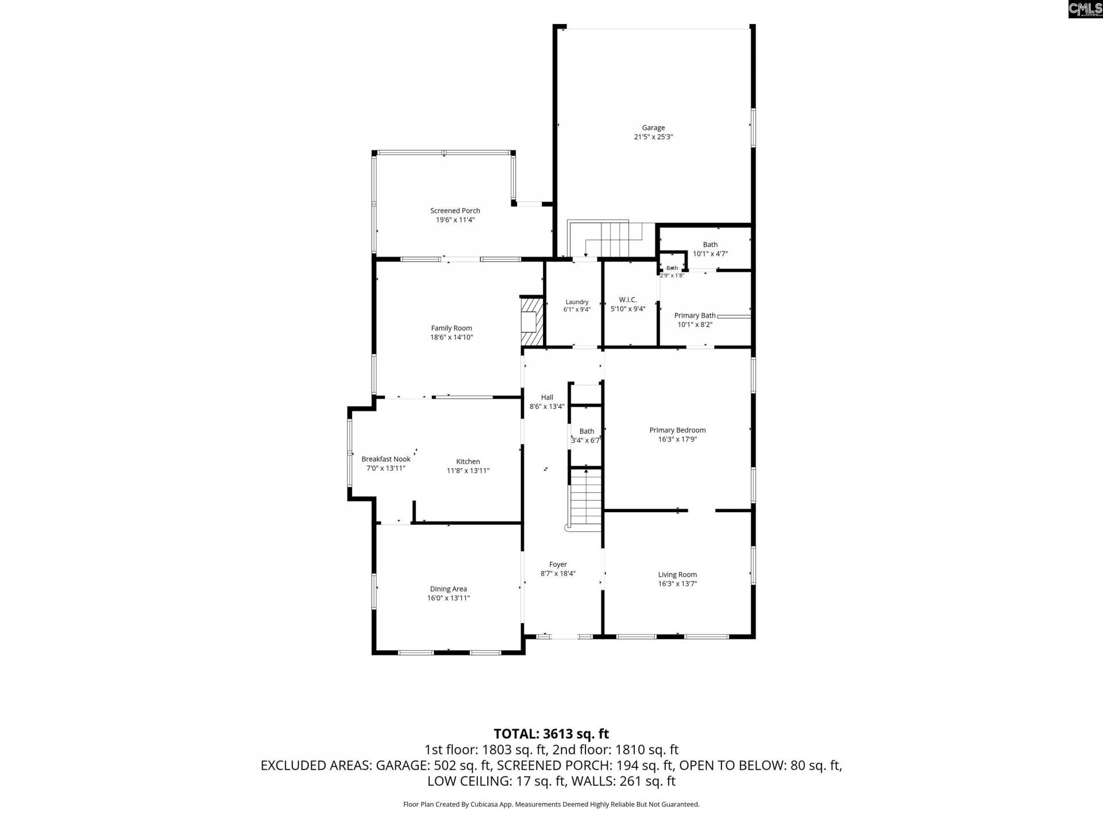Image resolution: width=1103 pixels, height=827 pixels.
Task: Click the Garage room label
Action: point(653,128)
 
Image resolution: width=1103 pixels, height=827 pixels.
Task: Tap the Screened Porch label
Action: point(455,211)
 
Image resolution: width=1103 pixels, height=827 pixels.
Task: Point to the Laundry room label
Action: point(577,302)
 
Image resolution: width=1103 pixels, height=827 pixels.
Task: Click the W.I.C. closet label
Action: point(628,300)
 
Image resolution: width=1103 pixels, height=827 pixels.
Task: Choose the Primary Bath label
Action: point(695,315)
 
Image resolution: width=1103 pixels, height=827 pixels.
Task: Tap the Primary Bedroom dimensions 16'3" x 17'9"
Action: point(678,439)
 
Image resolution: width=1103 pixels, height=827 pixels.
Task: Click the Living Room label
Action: point(678,575)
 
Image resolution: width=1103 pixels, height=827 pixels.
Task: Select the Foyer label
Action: point(558,565)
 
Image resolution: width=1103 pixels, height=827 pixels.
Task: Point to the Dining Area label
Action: point(449,589)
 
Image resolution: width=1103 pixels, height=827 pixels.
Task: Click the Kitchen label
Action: point(468,462)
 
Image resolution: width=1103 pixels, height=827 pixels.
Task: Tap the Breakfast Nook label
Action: point(386,459)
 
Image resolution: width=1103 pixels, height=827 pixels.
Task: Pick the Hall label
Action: point(547,397)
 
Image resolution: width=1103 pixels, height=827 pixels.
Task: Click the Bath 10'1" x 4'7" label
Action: point(711,245)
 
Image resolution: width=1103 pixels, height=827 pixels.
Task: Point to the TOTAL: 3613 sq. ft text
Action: point(551,734)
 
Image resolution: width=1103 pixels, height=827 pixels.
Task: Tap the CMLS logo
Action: point(1085,9)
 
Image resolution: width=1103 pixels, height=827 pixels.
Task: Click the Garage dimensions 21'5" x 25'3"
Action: point(653,137)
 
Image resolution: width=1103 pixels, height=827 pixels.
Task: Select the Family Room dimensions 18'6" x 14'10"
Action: point(452,338)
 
